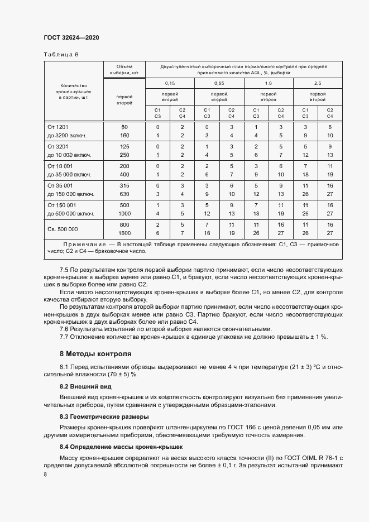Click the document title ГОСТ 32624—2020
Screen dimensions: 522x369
point(71,37)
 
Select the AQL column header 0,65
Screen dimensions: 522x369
point(219,83)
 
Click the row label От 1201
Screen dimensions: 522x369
point(57,127)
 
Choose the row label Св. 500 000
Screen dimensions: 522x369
point(63,229)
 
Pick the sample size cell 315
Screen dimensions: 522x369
point(124,185)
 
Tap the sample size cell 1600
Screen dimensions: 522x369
point(124,233)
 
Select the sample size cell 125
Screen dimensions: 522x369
point(124,146)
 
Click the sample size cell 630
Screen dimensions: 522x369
point(124,194)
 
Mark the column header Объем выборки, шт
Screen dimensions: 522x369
point(124,69)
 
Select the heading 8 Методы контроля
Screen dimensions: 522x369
point(95,354)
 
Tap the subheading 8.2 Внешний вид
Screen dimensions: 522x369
point(85,386)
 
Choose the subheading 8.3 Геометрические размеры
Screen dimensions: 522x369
point(104,417)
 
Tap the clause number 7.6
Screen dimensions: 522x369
point(64,329)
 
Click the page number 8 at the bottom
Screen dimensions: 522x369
point(45,474)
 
